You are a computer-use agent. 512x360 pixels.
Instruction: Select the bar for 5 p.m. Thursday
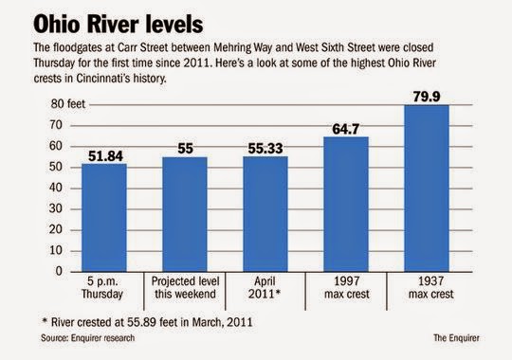pyautogui.click(x=104, y=217)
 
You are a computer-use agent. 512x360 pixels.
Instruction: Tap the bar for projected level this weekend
pyautogui.click(x=186, y=214)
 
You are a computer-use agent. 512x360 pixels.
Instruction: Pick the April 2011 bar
pyautogui.click(x=266, y=213)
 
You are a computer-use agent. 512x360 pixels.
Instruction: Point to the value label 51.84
pyautogui.click(x=104, y=154)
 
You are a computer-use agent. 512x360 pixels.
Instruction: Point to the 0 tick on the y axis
pyautogui.click(x=58, y=271)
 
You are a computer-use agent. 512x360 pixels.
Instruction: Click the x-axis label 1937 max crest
pyautogui.click(x=429, y=288)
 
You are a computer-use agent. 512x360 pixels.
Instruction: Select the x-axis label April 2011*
pyautogui.click(x=266, y=288)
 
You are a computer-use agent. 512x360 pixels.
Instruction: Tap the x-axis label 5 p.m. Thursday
pyautogui.click(x=104, y=288)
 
